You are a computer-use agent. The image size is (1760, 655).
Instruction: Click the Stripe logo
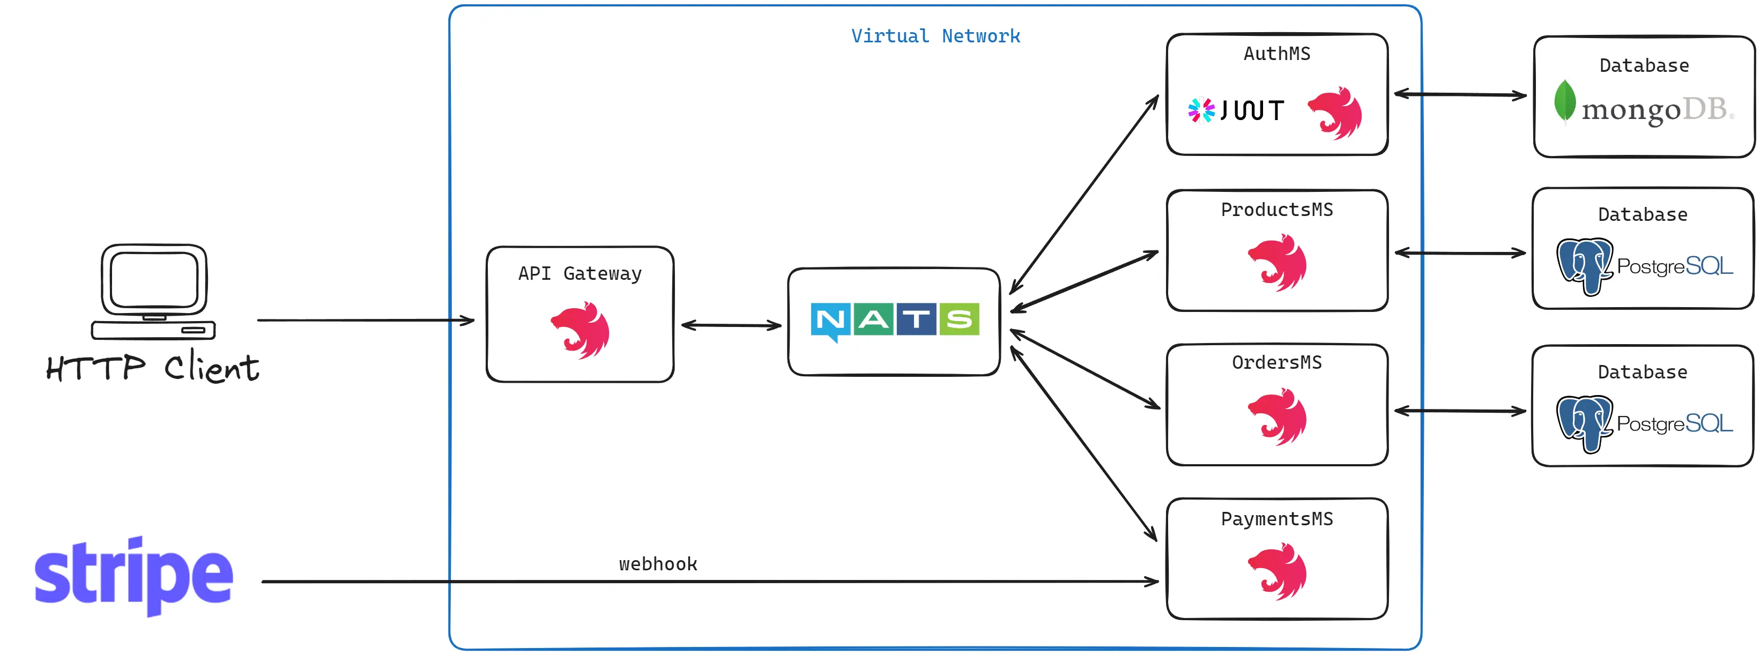click(134, 576)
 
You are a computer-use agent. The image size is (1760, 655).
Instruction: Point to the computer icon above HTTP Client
click(154, 292)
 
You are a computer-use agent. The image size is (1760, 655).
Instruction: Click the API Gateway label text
click(580, 274)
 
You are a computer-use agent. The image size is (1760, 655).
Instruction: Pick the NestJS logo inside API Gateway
click(581, 331)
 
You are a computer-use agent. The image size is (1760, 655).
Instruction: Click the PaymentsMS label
click(1277, 519)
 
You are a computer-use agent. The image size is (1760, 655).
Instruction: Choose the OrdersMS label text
click(1277, 363)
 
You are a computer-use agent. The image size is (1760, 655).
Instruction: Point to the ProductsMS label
click(1277, 210)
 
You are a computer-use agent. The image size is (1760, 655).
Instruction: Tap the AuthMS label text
click(1277, 54)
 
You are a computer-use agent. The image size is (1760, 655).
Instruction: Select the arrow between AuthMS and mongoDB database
click(1460, 94)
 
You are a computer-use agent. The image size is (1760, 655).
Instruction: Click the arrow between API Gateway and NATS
click(731, 325)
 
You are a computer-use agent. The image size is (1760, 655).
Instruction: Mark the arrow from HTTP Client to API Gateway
click(366, 319)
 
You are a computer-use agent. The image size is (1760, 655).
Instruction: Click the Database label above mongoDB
click(1644, 65)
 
